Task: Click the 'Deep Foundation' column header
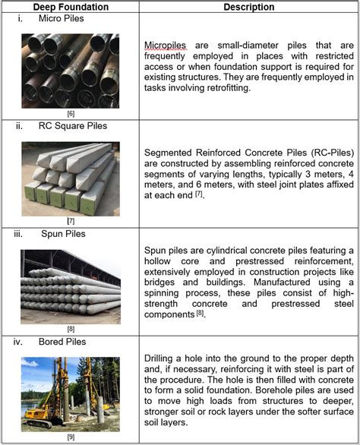[71, 8]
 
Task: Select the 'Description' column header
[249, 8]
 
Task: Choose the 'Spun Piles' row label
[58, 235]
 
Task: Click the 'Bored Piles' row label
[59, 342]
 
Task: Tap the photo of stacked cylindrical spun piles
[70, 282]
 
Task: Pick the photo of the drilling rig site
[70, 390]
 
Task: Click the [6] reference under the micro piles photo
[70, 114]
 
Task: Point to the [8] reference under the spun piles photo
[70, 329]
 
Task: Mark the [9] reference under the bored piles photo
[70, 437]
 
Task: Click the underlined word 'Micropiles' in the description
[163, 45]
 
